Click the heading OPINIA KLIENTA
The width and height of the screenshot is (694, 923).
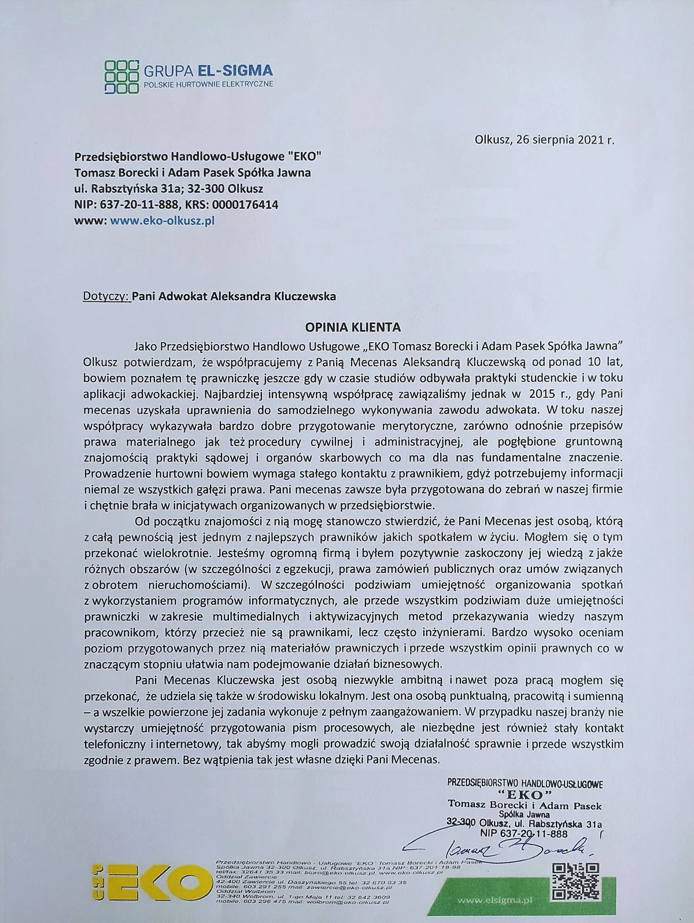[x=353, y=327]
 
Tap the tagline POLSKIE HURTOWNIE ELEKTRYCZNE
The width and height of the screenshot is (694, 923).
[x=208, y=84]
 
